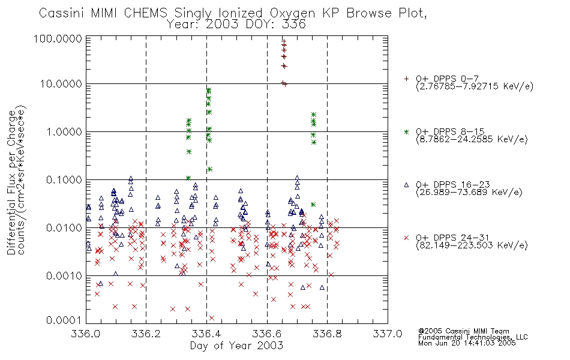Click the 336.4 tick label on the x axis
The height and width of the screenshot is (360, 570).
[x=206, y=334]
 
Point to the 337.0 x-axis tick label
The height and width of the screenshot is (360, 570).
[x=388, y=334]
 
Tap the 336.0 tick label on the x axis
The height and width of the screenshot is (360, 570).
[x=86, y=334]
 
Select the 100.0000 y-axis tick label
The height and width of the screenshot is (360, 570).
[x=58, y=38]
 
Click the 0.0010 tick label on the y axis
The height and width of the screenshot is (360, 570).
[x=64, y=276]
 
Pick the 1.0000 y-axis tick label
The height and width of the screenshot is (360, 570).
[x=64, y=131]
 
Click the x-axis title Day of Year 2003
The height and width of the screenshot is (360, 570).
[x=236, y=346]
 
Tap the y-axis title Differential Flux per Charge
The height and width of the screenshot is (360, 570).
[x=11, y=182]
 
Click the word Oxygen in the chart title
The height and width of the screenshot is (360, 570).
[x=293, y=13]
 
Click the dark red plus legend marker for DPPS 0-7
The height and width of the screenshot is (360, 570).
[x=406, y=79]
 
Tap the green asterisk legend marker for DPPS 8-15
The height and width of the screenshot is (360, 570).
[x=406, y=131]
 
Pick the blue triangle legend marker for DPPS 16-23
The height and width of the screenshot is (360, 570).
[x=406, y=185]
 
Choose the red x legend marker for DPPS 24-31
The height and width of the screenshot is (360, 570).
[x=406, y=238]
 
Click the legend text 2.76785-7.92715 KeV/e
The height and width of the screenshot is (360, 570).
[x=475, y=87]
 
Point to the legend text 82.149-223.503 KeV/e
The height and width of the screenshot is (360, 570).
[x=472, y=245]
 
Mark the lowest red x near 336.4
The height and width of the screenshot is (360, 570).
[x=212, y=318]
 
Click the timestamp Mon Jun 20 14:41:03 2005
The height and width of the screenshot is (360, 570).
[x=467, y=343]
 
